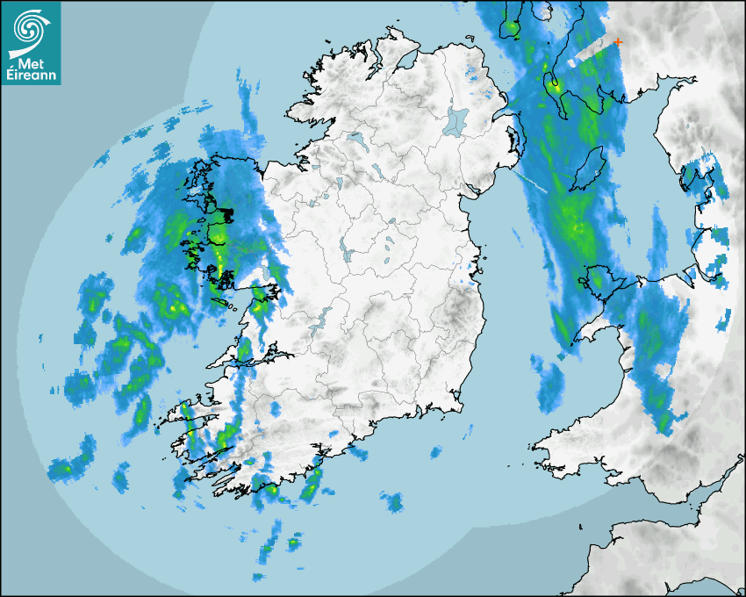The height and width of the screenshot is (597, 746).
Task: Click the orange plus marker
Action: (x=619, y=41)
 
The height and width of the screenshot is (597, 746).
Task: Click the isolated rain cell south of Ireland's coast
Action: (x=393, y=501)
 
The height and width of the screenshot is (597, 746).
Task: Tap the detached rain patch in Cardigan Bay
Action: (x=550, y=385)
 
